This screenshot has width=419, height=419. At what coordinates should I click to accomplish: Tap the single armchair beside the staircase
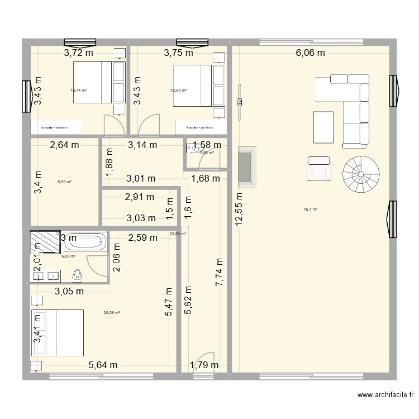point(319,168)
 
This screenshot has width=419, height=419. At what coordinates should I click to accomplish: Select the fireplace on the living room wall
point(246,167)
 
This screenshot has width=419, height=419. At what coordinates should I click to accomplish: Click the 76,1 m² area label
point(311,209)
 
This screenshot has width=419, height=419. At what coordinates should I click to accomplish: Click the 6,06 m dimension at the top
point(310,54)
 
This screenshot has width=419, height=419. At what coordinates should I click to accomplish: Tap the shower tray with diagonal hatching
point(42,241)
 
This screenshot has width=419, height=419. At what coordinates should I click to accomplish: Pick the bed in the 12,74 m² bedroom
point(92,82)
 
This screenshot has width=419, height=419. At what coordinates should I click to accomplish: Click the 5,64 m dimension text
point(103,366)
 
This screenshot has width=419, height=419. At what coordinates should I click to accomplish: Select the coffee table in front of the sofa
point(323,128)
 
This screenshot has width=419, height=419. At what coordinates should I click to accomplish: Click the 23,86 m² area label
point(178,234)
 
